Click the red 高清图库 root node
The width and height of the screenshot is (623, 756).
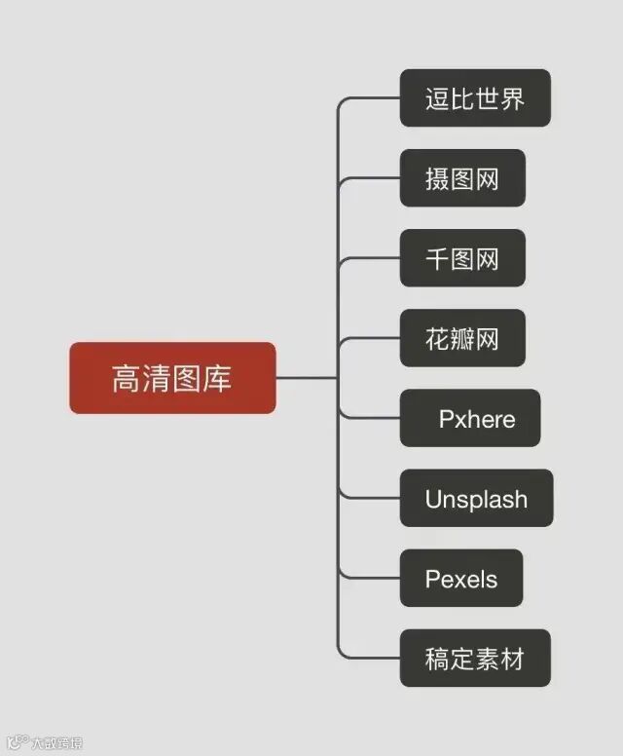pyautogui.click(x=172, y=378)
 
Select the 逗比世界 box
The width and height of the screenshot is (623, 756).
pyautogui.click(x=475, y=98)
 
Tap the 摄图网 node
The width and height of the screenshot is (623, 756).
pyautogui.click(x=462, y=178)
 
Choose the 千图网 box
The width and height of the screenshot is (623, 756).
pyautogui.click(x=462, y=258)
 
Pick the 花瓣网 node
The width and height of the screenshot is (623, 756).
pyautogui.click(x=462, y=338)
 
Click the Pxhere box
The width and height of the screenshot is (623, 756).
pyautogui.click(x=470, y=419)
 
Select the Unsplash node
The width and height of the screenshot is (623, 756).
pyautogui.click(x=476, y=499)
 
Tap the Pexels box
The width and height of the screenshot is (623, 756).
pyautogui.click(x=461, y=579)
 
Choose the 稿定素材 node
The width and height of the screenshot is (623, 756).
pyautogui.click(x=475, y=659)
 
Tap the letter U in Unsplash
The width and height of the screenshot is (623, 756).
pyautogui.click(x=433, y=500)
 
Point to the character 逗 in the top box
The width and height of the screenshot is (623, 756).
pyautogui.click(x=437, y=98)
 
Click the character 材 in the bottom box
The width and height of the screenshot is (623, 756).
pyautogui.click(x=512, y=659)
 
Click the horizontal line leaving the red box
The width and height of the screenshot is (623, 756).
pyautogui.click(x=306, y=378)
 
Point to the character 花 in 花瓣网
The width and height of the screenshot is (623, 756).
pyautogui.click(x=437, y=338)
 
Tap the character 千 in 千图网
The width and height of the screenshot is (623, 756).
pyautogui.click(x=437, y=258)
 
